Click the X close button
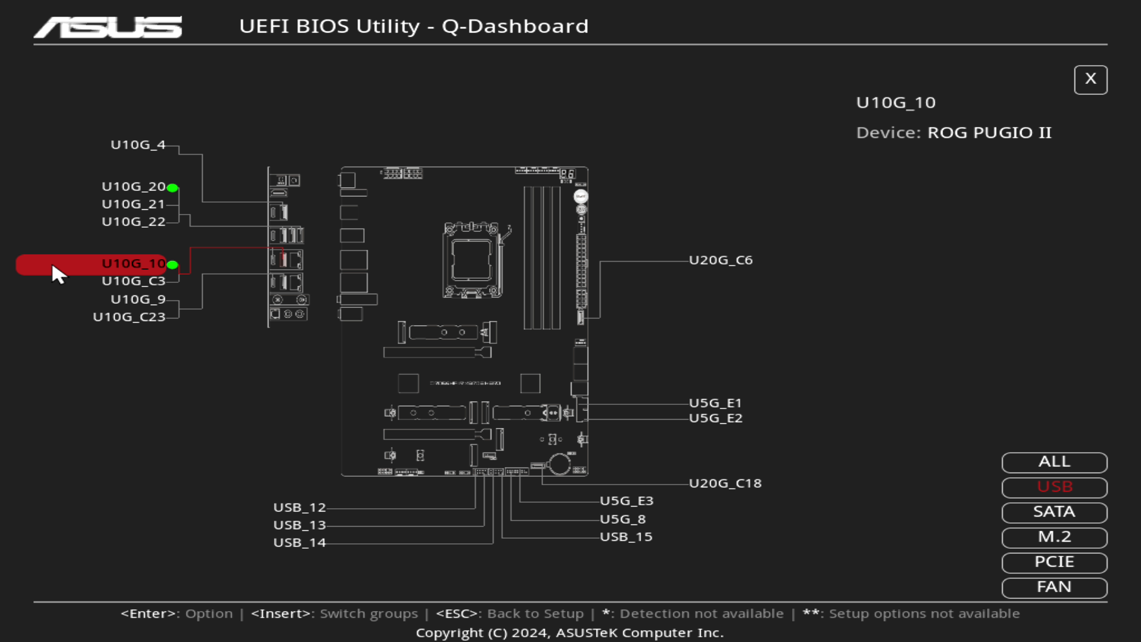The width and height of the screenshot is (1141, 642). click(1090, 80)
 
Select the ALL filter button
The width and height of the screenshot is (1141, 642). click(1054, 462)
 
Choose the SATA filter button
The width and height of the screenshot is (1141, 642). click(1054, 512)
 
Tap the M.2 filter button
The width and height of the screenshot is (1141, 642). click(1054, 537)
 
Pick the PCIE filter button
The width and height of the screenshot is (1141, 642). click(1054, 562)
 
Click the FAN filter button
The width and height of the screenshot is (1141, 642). click(1054, 587)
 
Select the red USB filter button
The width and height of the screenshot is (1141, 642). click(1054, 487)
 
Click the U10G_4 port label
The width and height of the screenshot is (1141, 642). click(138, 145)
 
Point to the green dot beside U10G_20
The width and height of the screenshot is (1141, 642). click(172, 188)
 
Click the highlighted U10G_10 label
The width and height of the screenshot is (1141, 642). click(133, 263)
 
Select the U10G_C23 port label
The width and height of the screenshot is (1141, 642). click(129, 317)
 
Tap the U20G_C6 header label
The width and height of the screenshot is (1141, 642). click(721, 260)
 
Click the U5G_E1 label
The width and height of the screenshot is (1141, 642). click(716, 403)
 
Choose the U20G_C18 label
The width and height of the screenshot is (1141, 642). click(725, 483)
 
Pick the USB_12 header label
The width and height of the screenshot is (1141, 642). click(300, 508)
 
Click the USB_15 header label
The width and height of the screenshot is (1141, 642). click(626, 537)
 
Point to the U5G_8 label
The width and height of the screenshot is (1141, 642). click(622, 519)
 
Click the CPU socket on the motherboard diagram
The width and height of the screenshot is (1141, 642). click(471, 260)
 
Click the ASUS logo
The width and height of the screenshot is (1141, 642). click(108, 27)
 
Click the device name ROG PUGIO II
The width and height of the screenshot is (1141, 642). click(989, 133)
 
